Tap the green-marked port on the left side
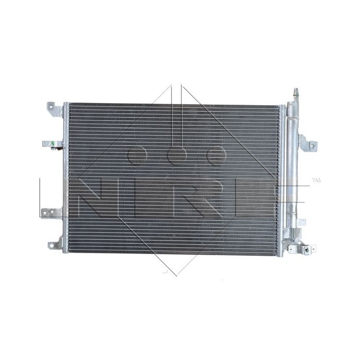[x=51, y=144]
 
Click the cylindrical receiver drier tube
[x=294, y=170]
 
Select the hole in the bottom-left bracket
[x=52, y=246]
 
